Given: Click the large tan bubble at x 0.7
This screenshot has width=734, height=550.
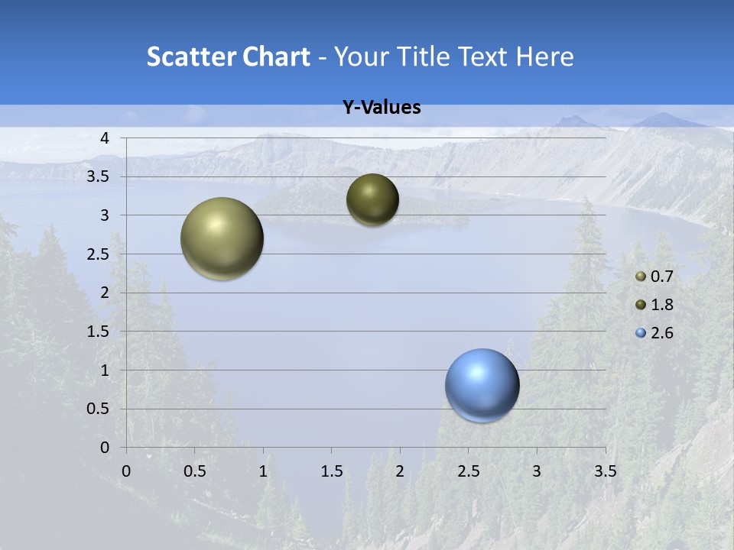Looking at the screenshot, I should coord(222,238).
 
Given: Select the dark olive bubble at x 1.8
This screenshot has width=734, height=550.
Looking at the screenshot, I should coord(372,199).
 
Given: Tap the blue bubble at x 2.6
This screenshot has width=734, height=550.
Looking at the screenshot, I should coord(482,385).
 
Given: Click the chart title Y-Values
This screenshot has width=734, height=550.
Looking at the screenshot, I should coord(382,108).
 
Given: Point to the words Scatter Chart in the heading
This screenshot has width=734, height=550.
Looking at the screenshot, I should coord(228,57).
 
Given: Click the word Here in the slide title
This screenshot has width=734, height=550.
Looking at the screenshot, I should coord(544,57).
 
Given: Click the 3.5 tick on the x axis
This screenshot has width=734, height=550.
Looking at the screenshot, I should coord(606,471).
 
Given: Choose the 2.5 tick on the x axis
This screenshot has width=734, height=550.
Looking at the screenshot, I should coord(469,471).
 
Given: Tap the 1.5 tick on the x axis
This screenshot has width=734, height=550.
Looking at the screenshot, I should coord(332,471).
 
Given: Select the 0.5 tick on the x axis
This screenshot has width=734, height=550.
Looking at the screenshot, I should coord(194,471).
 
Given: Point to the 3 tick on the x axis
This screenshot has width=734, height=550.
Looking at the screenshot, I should coord(537,471).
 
